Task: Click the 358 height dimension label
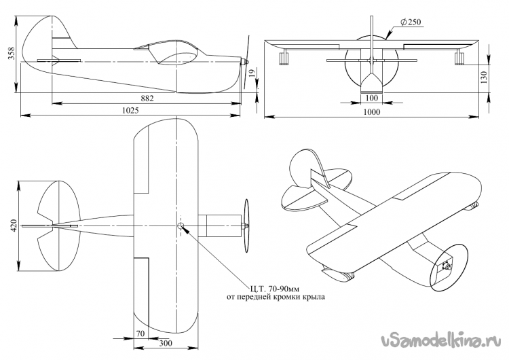tap(12, 53)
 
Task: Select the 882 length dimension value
tap(147, 98)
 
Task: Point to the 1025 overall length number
tap(130, 111)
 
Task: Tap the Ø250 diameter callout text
tap(411, 22)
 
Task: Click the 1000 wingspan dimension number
tap(372, 112)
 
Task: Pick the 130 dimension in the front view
tap(484, 77)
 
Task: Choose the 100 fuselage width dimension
tap(372, 98)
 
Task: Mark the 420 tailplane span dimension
tap(14, 226)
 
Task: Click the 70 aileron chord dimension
tap(140, 334)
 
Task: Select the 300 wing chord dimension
tap(166, 343)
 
